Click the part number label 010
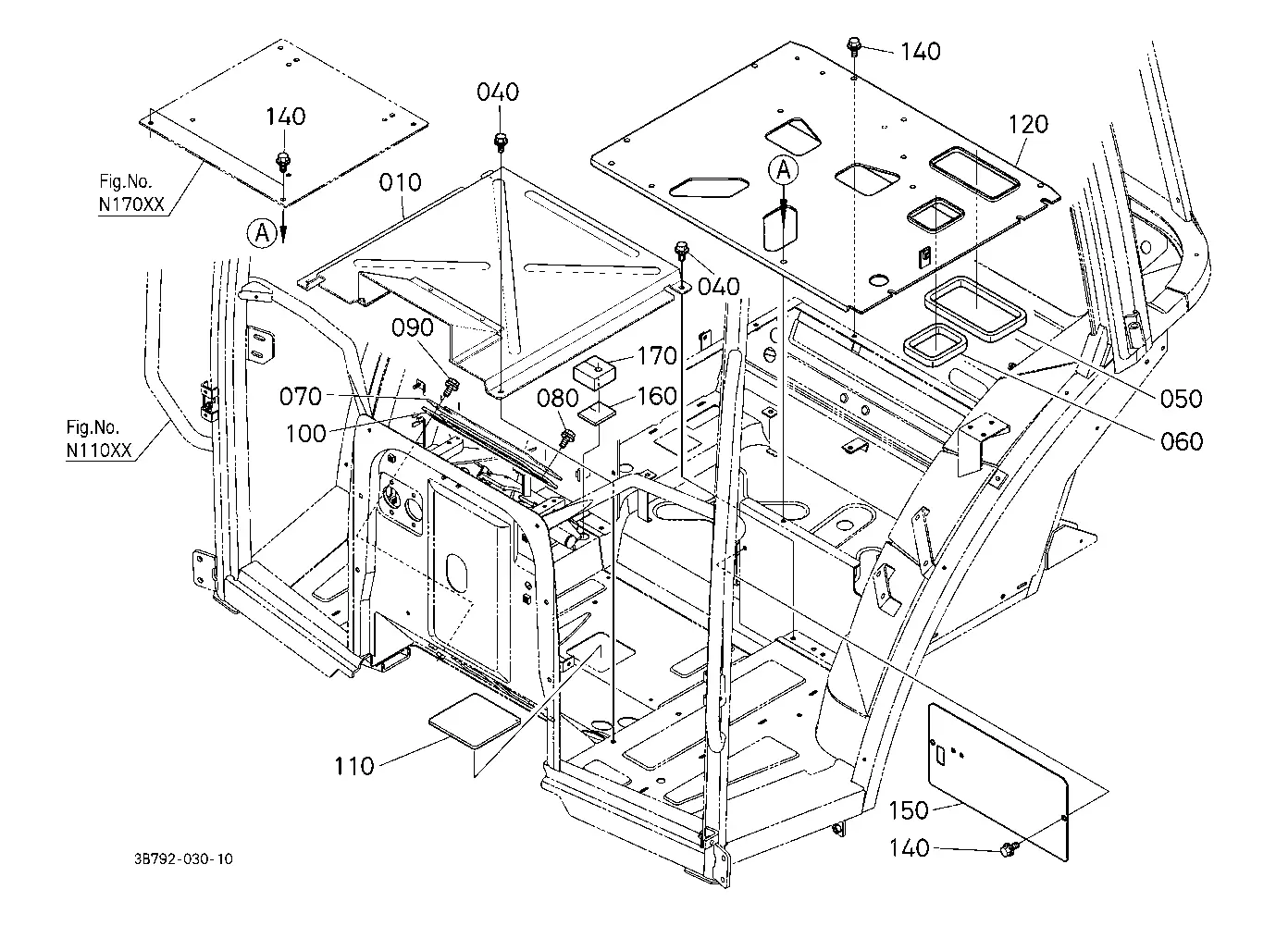tap(400, 183)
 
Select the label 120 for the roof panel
tap(1028, 124)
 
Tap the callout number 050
tap(1182, 400)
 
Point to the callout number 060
tap(1182, 442)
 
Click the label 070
tap(301, 396)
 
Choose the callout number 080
tap(558, 399)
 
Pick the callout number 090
tap(413, 327)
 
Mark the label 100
tap(305, 434)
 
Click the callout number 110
tap(353, 767)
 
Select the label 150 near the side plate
tap(909, 810)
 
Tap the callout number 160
tap(657, 396)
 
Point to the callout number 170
tap(657, 356)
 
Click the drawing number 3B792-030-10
tap(183, 858)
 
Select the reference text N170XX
tap(131, 204)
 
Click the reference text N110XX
tap(99, 451)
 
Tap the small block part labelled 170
tap(595, 373)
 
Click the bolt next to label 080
tap(567, 438)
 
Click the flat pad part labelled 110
tap(475, 720)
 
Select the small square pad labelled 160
tap(598, 414)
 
